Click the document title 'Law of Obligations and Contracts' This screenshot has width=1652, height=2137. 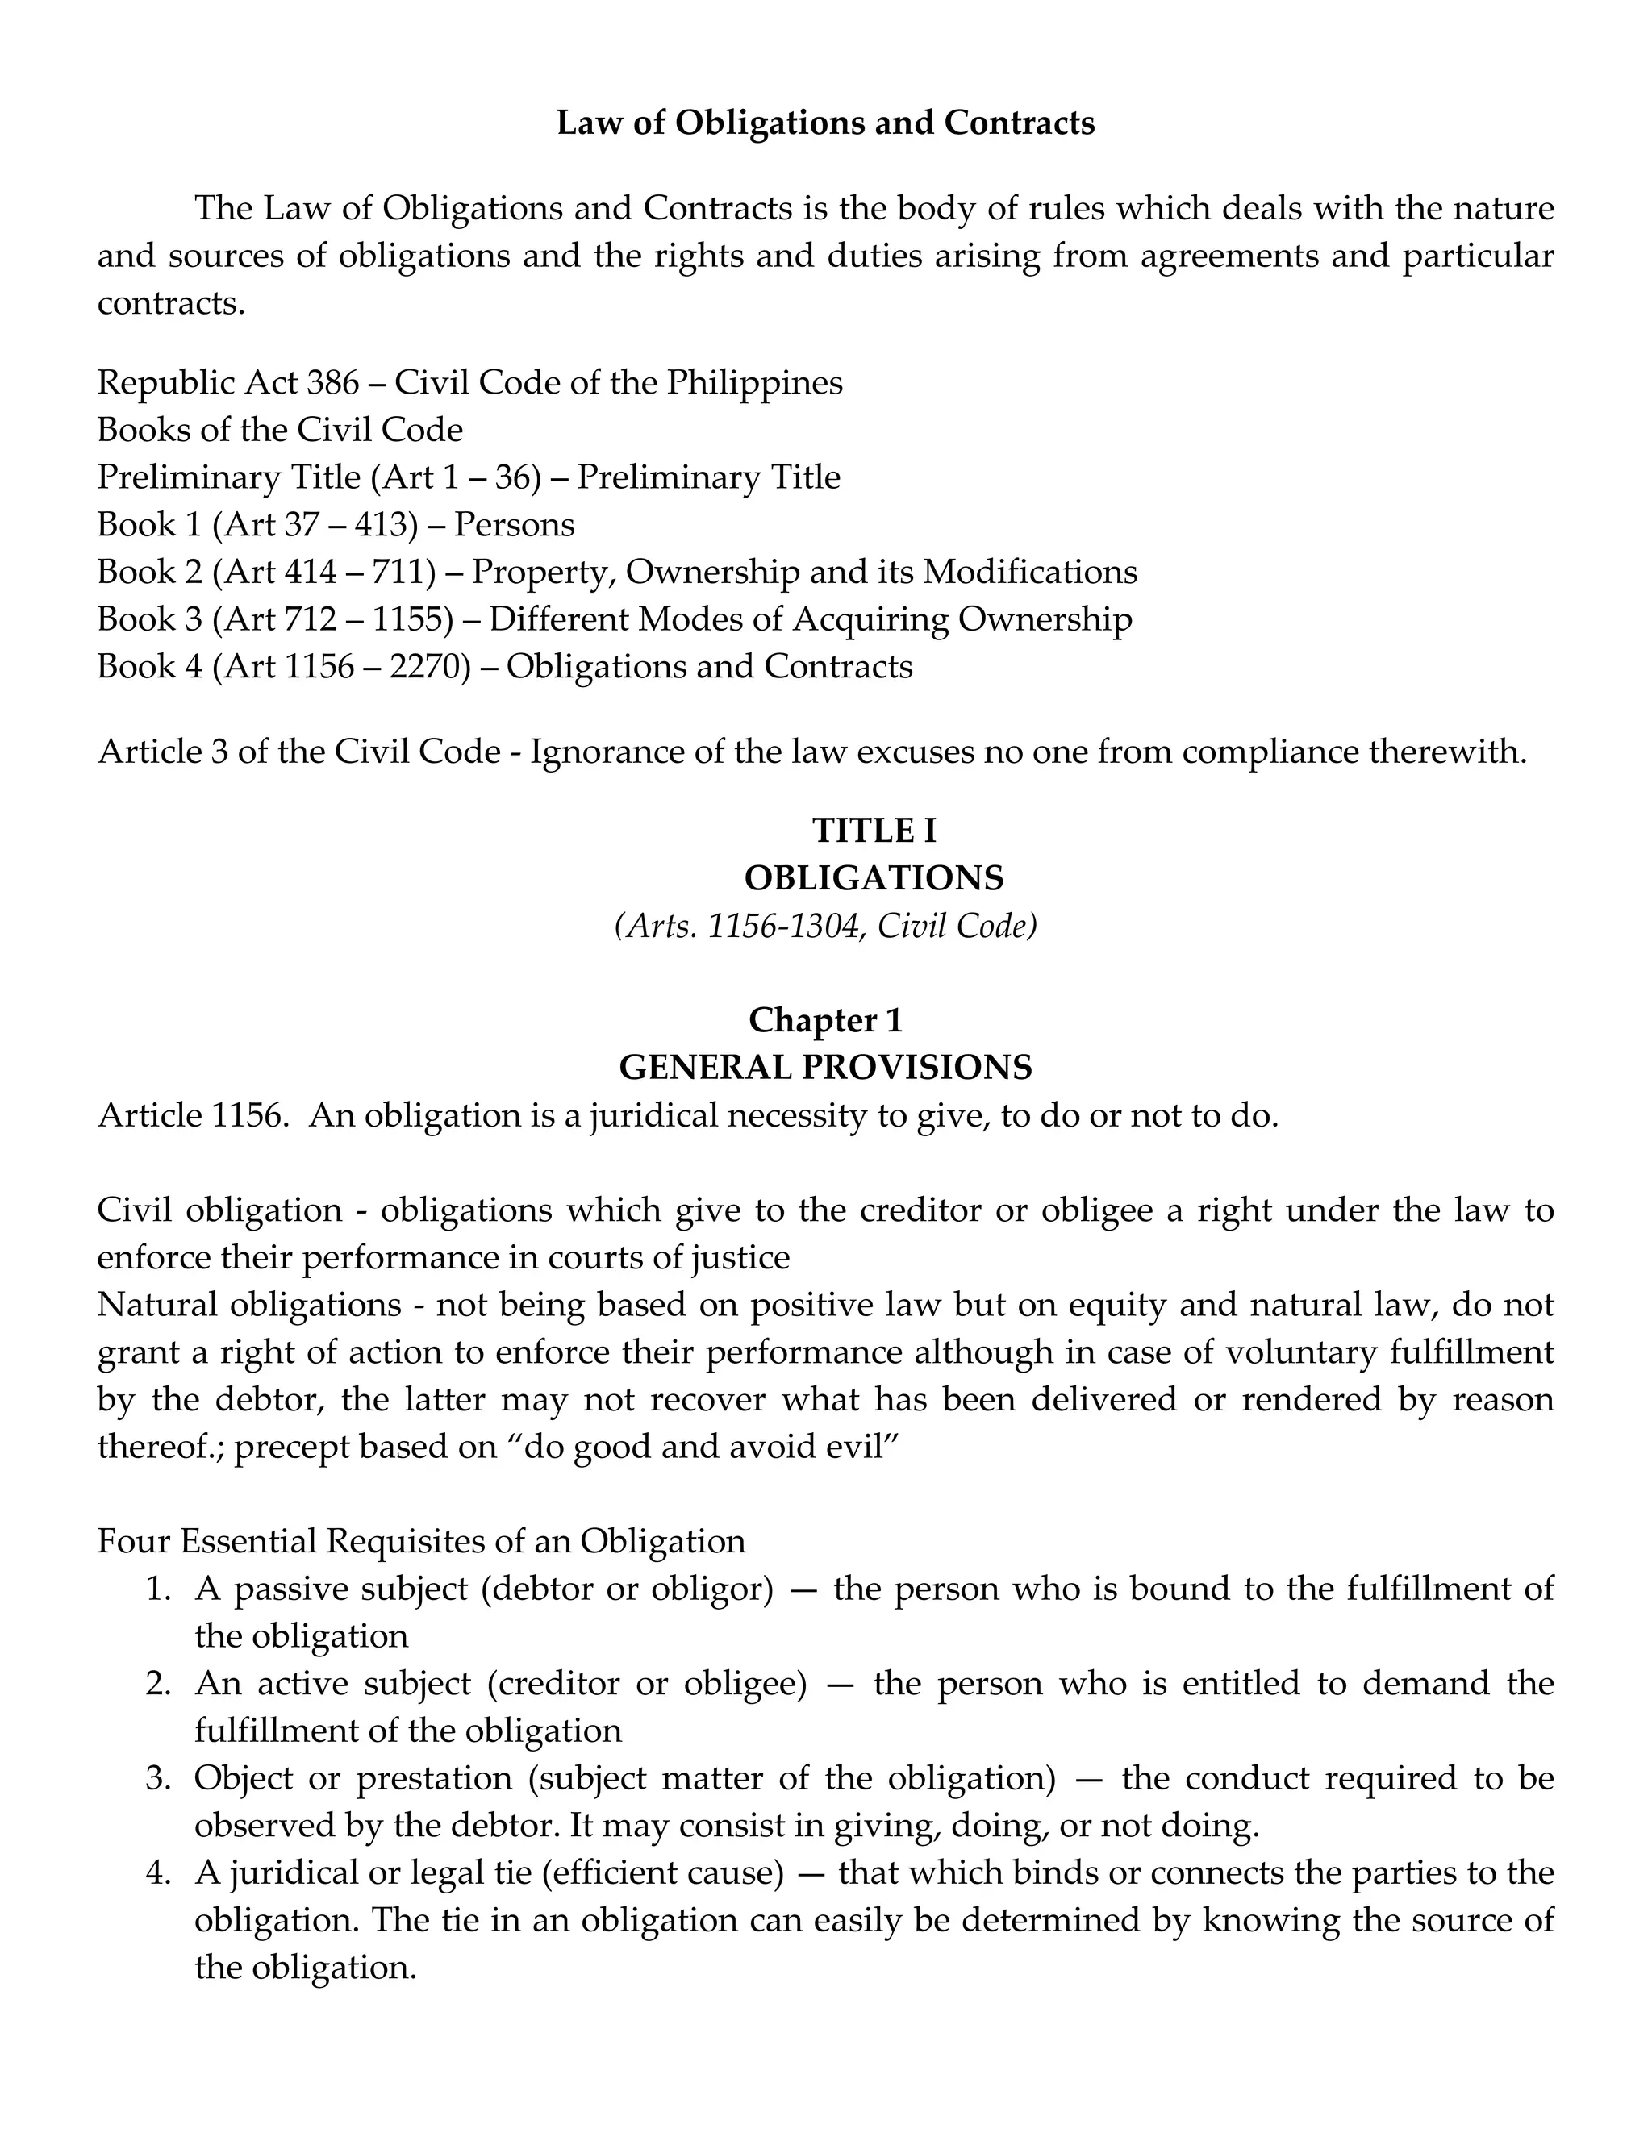(825, 123)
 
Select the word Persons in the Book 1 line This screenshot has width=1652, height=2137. (514, 526)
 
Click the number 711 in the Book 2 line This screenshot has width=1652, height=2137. (398, 573)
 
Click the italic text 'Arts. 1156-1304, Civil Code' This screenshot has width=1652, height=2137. (825, 926)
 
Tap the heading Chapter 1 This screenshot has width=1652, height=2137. (825, 1021)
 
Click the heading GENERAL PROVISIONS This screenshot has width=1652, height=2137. (825, 1068)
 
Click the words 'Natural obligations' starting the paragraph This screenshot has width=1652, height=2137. (249, 1306)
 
